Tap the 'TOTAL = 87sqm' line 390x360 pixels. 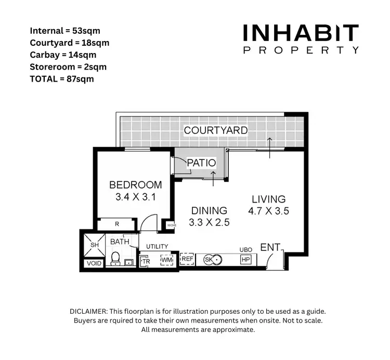coord(62,79)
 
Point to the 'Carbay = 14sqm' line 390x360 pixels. coord(63,55)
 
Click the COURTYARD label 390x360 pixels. coord(215,130)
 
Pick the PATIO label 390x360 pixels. coord(201,163)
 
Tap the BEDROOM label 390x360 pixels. coord(135,185)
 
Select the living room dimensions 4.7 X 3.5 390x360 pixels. coord(268,211)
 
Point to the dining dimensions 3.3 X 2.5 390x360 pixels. coord(210,222)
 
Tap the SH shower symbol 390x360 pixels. coord(95,245)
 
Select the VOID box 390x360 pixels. coord(95,263)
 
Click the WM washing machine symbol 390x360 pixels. coord(166,259)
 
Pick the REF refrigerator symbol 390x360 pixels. coord(187,258)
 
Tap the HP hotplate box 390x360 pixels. coord(246,259)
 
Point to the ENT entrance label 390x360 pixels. coord(270,248)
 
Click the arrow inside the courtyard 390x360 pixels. coord(270,148)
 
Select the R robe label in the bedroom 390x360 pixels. coord(117,224)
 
